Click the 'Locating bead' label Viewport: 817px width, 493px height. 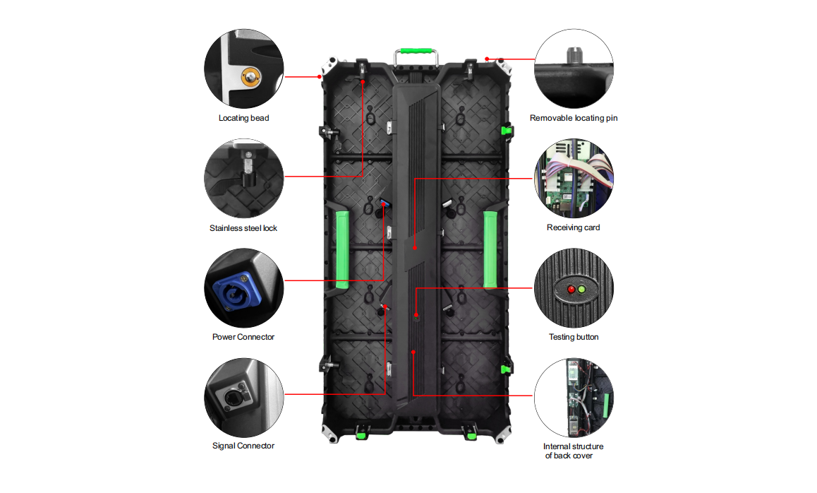pyautogui.click(x=243, y=118)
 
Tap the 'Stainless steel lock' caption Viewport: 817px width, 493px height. pyautogui.click(x=243, y=228)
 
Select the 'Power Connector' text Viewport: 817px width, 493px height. pyautogui.click(x=243, y=337)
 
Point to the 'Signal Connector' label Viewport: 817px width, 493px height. pyautogui.click(x=243, y=446)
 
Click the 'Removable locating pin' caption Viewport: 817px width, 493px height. pyautogui.click(x=574, y=118)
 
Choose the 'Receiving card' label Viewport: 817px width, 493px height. pyautogui.click(x=574, y=227)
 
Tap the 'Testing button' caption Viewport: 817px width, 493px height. pyautogui.click(x=574, y=337)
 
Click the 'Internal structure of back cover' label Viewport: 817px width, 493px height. pyautogui.click(x=573, y=451)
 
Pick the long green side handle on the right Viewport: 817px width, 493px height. pyautogui.click(x=490, y=249)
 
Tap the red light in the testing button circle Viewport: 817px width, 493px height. pyautogui.click(x=570, y=290)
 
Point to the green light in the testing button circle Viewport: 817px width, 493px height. pyautogui.click(x=582, y=290)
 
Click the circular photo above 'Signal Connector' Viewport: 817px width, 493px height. pyautogui.click(x=243, y=397)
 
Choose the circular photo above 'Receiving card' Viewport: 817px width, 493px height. pyautogui.click(x=574, y=178)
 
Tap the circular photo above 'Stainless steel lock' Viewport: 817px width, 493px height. pyautogui.click(x=243, y=178)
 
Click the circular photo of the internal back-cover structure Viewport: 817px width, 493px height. pyautogui.click(x=574, y=397)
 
